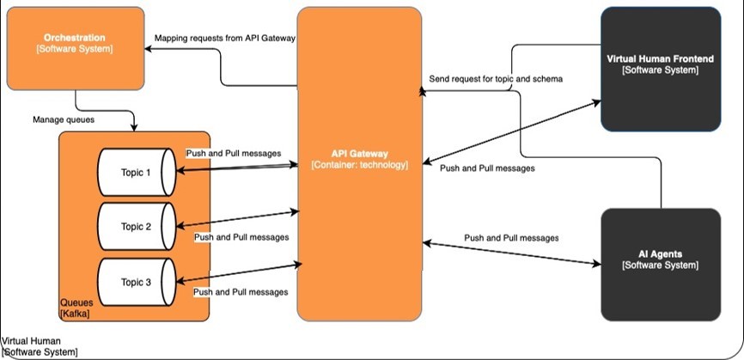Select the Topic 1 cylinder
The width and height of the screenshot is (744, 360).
coord(136,172)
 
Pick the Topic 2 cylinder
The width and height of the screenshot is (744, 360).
coord(136,227)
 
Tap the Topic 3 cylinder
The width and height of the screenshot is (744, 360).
coord(136,282)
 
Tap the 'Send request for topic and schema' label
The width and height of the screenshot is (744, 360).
coord(497,79)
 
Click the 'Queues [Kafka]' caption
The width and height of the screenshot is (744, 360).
coord(76,309)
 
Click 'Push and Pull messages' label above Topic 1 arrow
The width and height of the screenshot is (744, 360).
coord(233,153)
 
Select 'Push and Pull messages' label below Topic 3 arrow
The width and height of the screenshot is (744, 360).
coord(241,292)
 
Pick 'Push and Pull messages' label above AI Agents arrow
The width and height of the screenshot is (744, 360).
coord(511,237)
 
